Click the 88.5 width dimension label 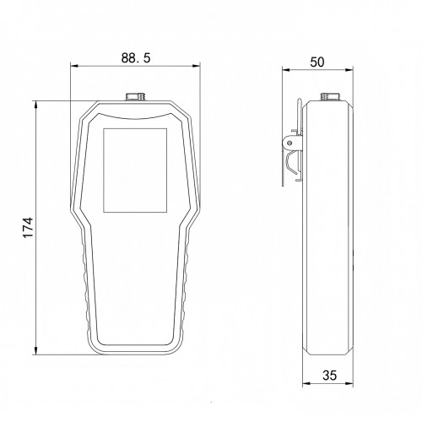(136, 57)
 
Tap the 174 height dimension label (28, 228)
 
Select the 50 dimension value (317, 62)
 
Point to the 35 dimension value (329, 375)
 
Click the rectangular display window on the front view (135, 170)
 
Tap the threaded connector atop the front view (134, 96)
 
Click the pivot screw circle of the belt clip (289, 143)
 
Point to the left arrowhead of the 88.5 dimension (73, 66)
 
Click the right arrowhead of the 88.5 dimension (197, 66)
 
